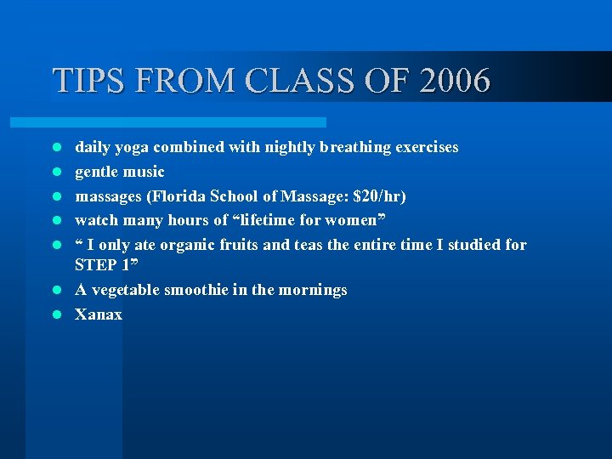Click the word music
tap(144, 172)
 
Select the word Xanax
tap(99, 314)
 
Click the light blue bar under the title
tap(188, 122)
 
